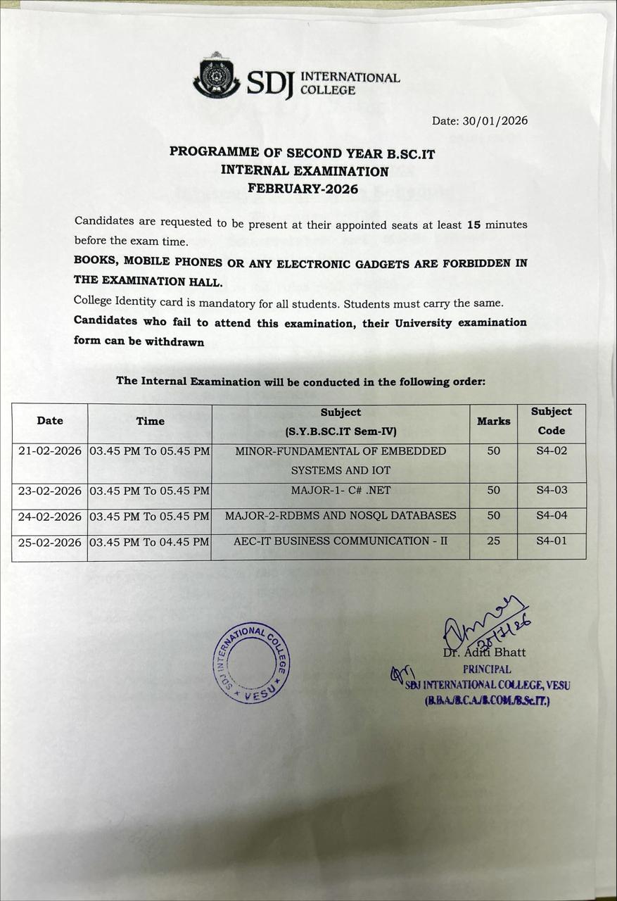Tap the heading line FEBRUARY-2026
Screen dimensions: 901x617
coord(303,189)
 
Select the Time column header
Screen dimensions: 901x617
coord(150,421)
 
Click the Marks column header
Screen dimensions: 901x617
coord(493,421)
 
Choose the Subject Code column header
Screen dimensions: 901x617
coord(552,421)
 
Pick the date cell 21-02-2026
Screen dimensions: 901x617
coord(50,451)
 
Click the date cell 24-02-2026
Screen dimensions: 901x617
coord(50,517)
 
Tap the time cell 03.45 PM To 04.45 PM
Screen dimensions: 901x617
coord(150,542)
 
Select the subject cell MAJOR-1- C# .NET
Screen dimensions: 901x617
coord(341,490)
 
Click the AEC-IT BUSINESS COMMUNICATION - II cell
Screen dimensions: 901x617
coord(341,541)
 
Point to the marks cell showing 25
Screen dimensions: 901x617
coord(493,541)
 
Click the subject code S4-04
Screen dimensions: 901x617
coord(552,516)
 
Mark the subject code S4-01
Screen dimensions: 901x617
coord(552,541)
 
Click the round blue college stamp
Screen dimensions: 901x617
coord(250,662)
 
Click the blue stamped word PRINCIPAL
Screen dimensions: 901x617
coord(487,669)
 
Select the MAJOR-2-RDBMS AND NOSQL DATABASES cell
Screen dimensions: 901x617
coord(341,516)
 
